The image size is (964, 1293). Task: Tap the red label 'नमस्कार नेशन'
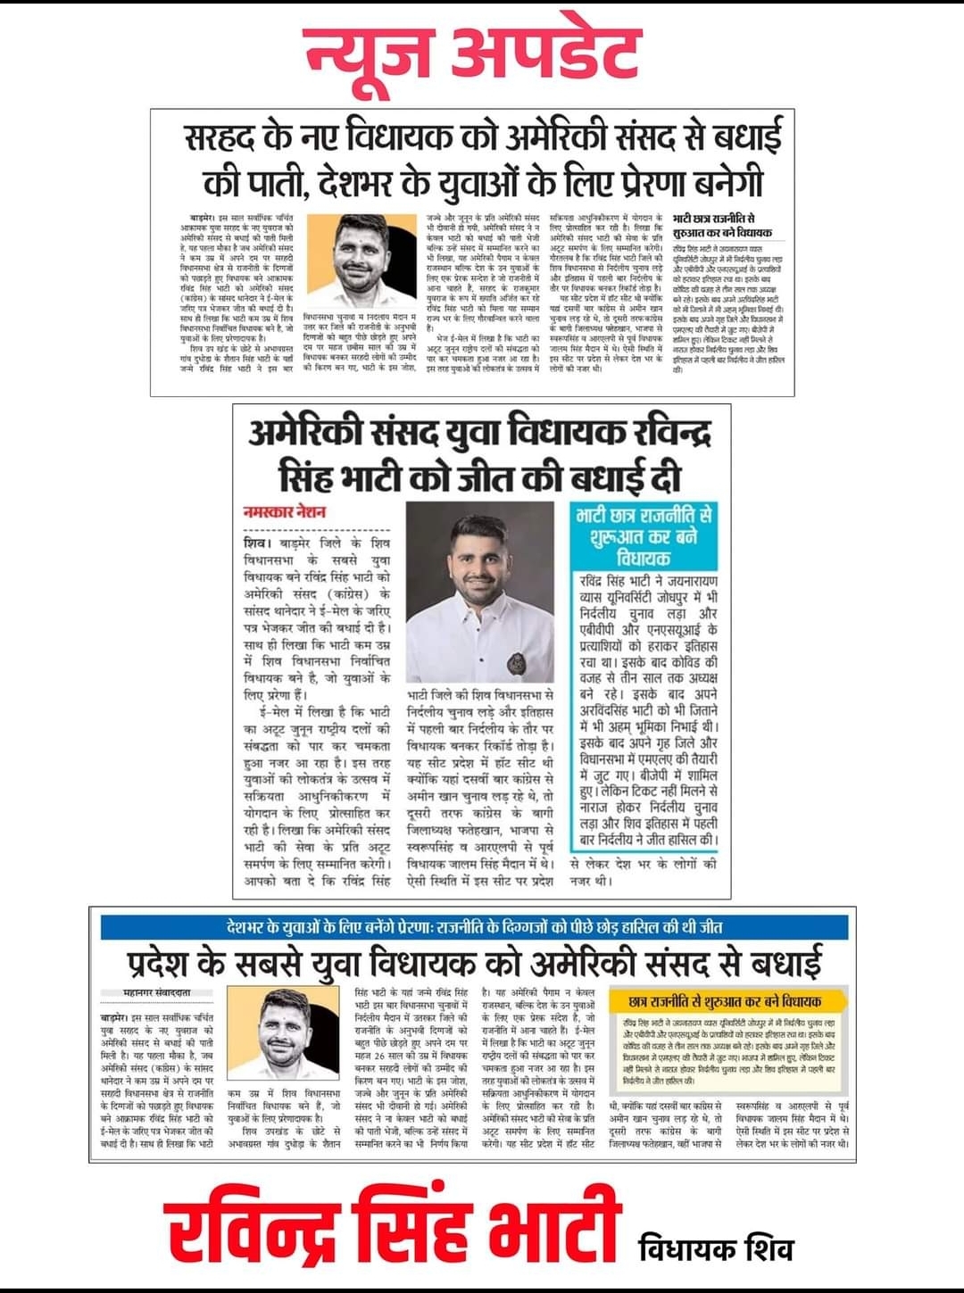pos(285,512)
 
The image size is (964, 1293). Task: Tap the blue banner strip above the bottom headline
pos(474,927)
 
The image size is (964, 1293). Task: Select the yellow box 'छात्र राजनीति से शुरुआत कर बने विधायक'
pos(726,1002)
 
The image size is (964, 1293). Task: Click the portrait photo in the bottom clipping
pos(286,1035)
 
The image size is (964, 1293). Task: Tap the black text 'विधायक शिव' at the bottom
pos(716,1248)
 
